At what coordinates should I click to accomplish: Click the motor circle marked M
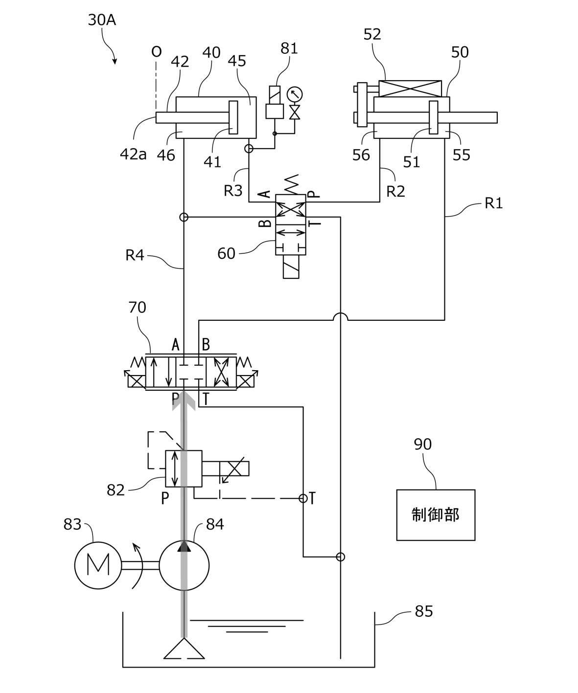pyautogui.click(x=98, y=565)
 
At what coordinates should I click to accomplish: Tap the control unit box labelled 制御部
pyautogui.click(x=436, y=515)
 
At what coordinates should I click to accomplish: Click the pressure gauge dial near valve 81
pyautogui.click(x=294, y=94)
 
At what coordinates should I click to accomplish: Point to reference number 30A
pyautogui.click(x=102, y=20)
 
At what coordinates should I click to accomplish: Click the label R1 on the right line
pyautogui.click(x=494, y=203)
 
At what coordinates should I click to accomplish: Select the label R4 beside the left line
pyautogui.click(x=135, y=255)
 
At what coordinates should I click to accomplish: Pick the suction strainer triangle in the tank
pyautogui.click(x=184, y=648)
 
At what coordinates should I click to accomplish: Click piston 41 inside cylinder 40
pyautogui.click(x=233, y=117)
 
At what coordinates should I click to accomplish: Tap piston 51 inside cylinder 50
pyautogui.click(x=434, y=117)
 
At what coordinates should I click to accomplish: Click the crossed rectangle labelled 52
pyautogui.click(x=410, y=89)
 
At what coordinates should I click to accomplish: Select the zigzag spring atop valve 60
pyautogui.click(x=292, y=184)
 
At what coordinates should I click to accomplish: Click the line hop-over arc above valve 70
pyautogui.click(x=341, y=316)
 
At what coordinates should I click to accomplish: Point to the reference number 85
pyautogui.click(x=424, y=611)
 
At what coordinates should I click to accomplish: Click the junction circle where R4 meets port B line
pyautogui.click(x=184, y=218)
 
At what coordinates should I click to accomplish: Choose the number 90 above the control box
pyautogui.click(x=422, y=444)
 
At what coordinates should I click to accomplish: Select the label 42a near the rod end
pyautogui.click(x=133, y=155)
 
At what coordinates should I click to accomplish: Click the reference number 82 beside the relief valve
pyautogui.click(x=116, y=490)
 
